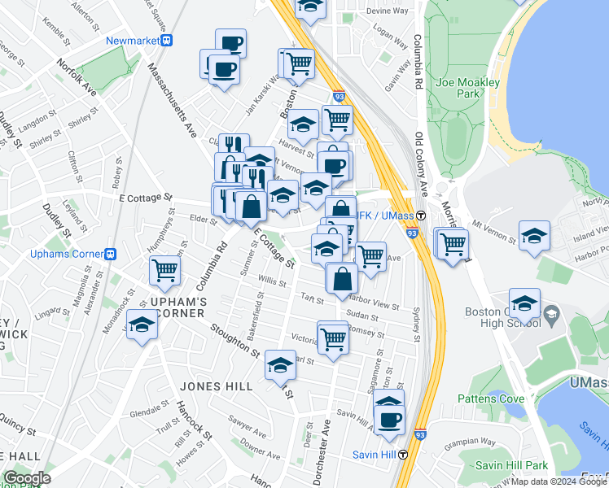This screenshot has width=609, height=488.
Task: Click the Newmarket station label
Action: (133, 40)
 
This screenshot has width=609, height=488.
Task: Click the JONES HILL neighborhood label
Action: (217, 386)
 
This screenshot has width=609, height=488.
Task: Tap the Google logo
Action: (27, 478)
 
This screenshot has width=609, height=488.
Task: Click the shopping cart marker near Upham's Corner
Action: (164, 270)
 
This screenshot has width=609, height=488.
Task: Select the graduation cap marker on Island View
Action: (535, 237)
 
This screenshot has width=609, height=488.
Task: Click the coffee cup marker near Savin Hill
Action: (389, 420)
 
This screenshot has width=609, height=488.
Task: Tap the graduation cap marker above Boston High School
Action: (525, 304)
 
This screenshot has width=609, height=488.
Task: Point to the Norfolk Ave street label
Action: (77, 77)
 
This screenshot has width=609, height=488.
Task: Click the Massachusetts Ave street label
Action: (173, 94)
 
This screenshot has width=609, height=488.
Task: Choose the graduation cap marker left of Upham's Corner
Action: (142, 327)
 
